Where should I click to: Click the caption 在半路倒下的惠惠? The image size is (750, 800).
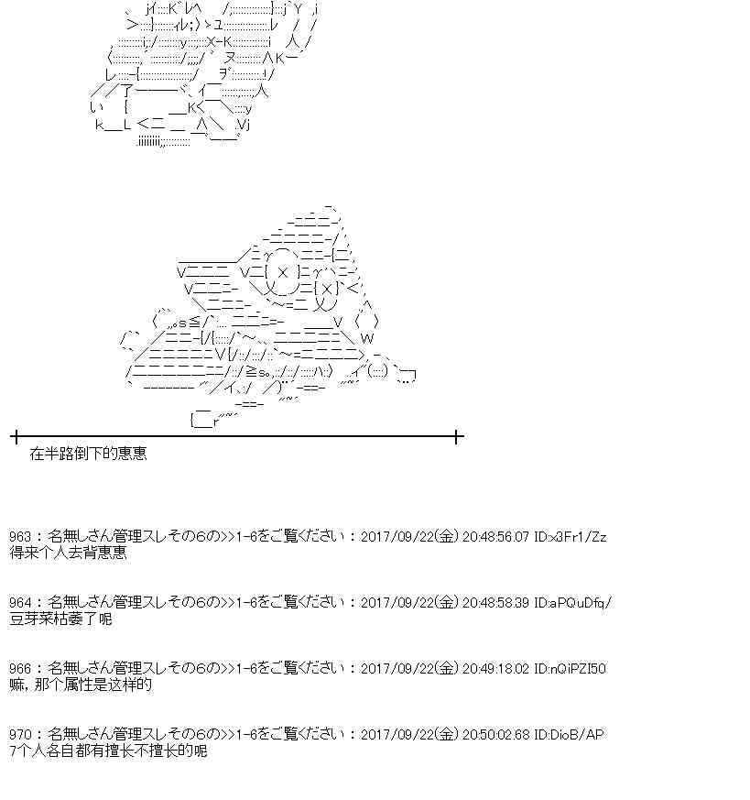pos(88,453)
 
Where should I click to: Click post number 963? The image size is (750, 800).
pos(20,536)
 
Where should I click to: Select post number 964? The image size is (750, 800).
pos(20,602)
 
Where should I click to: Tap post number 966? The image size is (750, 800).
pos(20,668)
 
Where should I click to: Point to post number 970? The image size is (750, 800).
pos(20,734)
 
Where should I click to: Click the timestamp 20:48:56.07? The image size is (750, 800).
pos(495,536)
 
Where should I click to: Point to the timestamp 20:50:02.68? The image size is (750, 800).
pos(495,734)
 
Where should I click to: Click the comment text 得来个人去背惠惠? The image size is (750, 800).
pos(68,553)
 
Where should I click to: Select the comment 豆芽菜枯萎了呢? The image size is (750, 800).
pos(60,619)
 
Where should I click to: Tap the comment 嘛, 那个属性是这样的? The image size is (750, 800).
pos(81,685)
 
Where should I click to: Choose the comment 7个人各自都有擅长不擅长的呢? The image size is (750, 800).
pos(108,751)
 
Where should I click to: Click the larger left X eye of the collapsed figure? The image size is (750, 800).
pos(283,272)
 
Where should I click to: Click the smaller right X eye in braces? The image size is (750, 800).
pos(327,289)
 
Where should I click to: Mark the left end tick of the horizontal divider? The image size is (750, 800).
pos(16,437)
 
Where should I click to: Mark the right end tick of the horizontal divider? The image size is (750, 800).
pos(457,437)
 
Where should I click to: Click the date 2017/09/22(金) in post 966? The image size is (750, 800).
pos(409,668)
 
